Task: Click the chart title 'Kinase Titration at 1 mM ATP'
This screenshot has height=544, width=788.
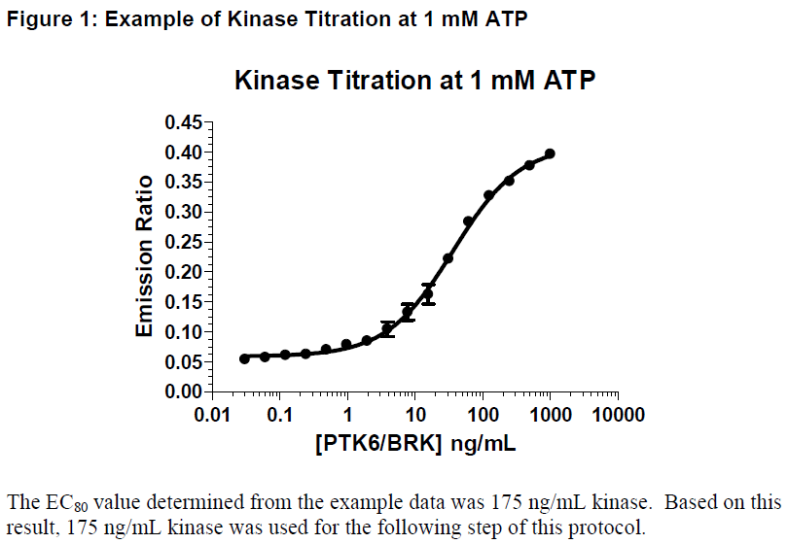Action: [x=414, y=82]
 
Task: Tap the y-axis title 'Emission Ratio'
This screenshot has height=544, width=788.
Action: [x=144, y=256]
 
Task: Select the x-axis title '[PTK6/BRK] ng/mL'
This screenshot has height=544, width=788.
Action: [x=414, y=444]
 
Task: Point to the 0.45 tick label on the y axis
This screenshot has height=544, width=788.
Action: [x=182, y=122]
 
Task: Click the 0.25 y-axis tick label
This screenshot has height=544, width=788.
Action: [x=182, y=242]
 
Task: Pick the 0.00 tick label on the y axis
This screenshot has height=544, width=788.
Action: [x=182, y=391]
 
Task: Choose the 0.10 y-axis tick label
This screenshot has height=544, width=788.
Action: [x=182, y=331]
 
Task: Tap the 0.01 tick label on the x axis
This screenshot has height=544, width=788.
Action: [x=212, y=416]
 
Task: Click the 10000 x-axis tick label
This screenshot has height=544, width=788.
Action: [x=618, y=416]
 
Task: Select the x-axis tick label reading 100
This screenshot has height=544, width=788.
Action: [x=483, y=416]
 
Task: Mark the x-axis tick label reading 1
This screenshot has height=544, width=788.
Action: [x=347, y=416]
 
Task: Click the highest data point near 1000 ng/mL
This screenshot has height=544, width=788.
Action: [x=550, y=153]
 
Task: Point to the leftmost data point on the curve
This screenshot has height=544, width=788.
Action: [x=244, y=358]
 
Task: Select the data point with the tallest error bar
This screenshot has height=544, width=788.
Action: [x=428, y=294]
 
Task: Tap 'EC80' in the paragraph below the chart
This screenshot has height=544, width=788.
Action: [x=55, y=503]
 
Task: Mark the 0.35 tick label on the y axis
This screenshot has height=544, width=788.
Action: [x=182, y=182]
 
